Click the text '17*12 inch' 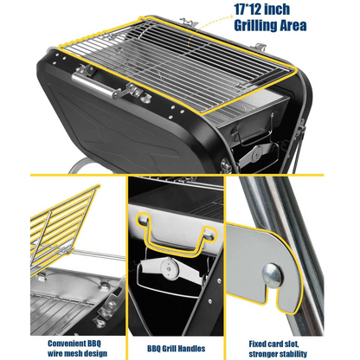(x=261, y=10)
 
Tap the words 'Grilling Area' (x=270, y=25)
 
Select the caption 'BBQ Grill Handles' (x=177, y=349)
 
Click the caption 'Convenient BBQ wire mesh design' (x=77, y=349)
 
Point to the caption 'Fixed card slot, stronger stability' (x=278, y=349)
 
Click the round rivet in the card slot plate (x=272, y=276)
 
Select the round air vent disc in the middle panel (x=170, y=269)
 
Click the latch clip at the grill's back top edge (x=189, y=22)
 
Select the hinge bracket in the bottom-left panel (x=109, y=307)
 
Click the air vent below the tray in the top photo (x=256, y=153)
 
